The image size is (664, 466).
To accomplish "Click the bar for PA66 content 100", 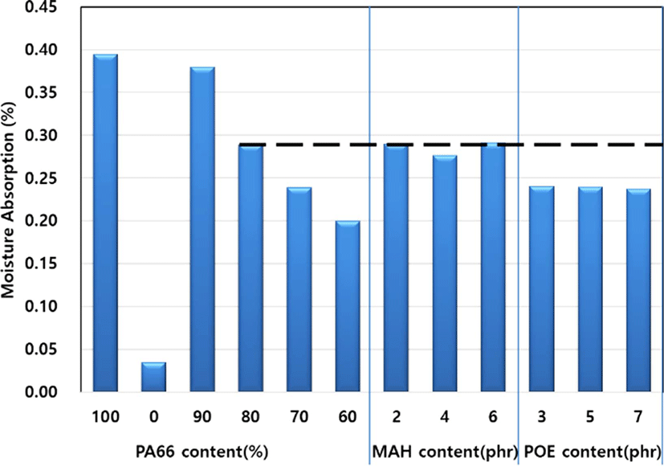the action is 105,223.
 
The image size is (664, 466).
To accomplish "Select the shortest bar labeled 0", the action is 153,377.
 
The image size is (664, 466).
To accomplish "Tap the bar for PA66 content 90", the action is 202,229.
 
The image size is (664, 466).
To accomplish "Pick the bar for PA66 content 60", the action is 348,306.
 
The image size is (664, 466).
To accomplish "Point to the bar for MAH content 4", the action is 445,274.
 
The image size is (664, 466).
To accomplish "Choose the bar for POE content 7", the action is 638,290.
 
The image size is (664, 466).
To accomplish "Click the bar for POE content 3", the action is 542,289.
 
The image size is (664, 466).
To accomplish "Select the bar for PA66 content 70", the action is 299,289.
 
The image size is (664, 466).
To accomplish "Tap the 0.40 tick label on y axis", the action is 42,50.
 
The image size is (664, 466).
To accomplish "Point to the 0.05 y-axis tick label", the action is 42,349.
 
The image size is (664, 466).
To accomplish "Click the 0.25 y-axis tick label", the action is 42,178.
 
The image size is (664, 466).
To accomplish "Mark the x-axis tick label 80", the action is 251,417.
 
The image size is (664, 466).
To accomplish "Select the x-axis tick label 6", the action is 493,417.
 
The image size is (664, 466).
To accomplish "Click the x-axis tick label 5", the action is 590,417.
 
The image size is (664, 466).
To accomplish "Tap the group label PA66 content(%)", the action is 202,452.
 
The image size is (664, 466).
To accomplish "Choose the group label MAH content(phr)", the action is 445,452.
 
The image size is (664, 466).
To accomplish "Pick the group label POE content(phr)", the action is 593,452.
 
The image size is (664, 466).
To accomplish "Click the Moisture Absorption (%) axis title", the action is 8,199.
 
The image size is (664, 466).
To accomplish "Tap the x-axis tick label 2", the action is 397,417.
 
